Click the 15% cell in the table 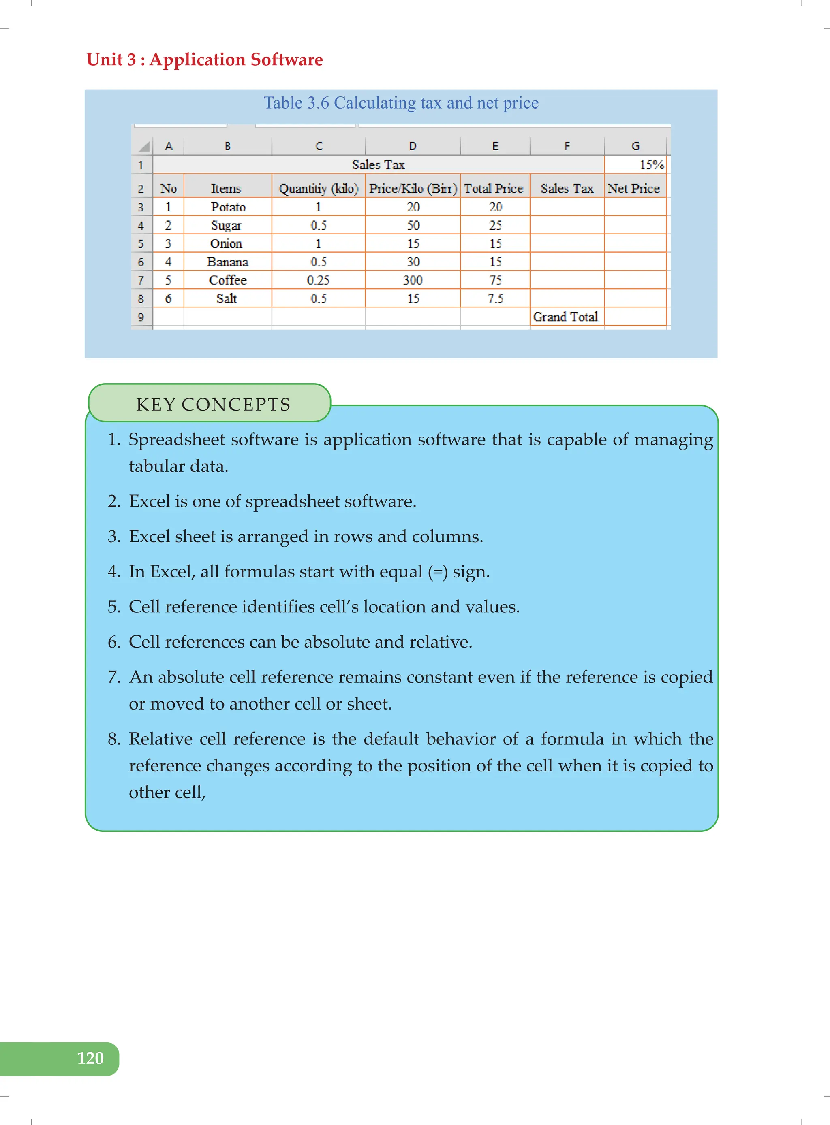tap(651, 165)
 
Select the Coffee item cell tap(228, 280)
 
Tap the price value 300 tap(413, 280)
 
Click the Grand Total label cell tap(565, 317)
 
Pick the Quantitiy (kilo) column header tap(318, 189)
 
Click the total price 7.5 tap(495, 299)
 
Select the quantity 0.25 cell tap(318, 280)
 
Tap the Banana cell tap(228, 262)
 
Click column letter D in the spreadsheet tap(413, 146)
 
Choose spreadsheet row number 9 tap(141, 317)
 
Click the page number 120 tap(90, 1058)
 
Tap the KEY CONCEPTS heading tap(213, 405)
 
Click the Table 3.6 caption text tap(400, 103)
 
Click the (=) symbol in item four tap(437, 572)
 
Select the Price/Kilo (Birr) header tap(413, 189)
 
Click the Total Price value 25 tap(495, 226)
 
